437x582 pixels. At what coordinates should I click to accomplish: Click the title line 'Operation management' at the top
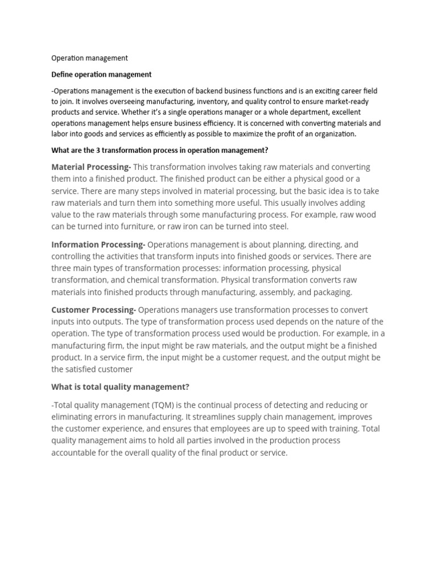89,58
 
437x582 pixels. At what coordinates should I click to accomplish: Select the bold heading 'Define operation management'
101,74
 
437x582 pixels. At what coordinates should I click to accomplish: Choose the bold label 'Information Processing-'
98,244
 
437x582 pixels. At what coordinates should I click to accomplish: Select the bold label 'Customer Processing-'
93,310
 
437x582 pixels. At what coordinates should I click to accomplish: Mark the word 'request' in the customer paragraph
275,357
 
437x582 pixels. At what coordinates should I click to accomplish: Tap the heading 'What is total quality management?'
120,387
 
